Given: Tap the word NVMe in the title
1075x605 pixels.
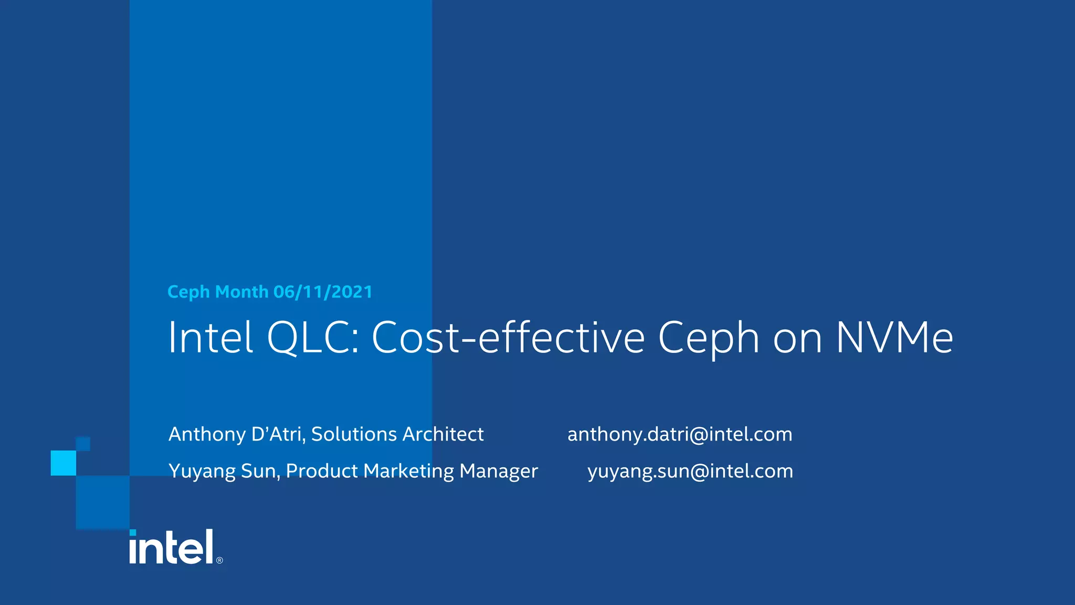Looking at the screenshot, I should (x=894, y=338).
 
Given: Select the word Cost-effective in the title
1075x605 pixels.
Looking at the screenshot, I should (x=508, y=338).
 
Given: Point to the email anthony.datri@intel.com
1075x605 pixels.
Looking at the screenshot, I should (x=680, y=434).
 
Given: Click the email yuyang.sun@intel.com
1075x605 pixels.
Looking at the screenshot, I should (x=690, y=471).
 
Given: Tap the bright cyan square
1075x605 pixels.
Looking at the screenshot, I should (x=64, y=463).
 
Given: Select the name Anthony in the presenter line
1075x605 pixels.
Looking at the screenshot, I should (x=207, y=435).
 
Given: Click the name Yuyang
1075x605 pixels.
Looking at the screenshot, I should (x=202, y=472).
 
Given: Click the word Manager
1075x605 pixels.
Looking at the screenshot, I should (x=499, y=472).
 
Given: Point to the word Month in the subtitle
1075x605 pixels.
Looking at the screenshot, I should (x=241, y=292).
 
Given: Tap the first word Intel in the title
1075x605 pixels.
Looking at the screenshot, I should (x=210, y=338).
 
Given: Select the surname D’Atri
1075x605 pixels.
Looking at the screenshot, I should (x=278, y=434).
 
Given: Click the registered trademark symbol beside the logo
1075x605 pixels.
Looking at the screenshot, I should (x=219, y=560).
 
